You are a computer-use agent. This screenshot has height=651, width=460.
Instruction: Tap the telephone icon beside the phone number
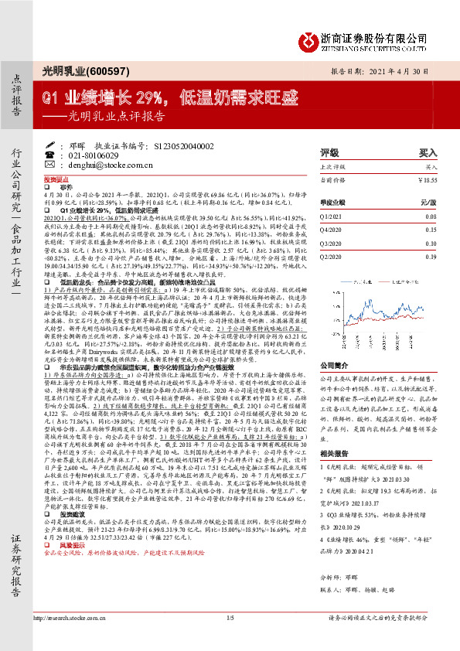click(x=62, y=155)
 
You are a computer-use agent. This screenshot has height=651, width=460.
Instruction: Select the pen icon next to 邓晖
click(x=62, y=145)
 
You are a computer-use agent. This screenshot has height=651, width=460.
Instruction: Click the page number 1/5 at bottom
click(x=230, y=639)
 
